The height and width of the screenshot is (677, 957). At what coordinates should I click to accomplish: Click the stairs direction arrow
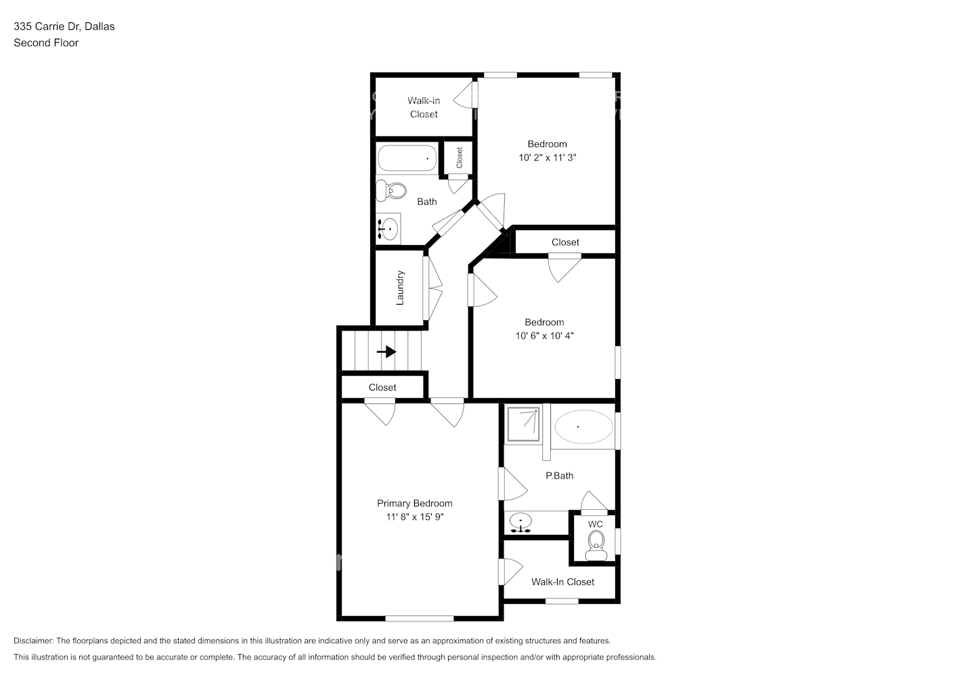tap(387, 351)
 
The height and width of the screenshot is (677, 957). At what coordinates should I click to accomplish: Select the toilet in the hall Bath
tap(391, 190)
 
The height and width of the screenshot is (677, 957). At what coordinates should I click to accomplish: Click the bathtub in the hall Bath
tap(407, 158)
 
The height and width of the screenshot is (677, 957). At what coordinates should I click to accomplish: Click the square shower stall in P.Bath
tap(522, 423)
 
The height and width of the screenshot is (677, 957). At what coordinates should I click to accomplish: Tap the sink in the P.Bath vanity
tap(520, 522)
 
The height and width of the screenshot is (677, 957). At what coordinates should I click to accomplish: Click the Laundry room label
tap(400, 288)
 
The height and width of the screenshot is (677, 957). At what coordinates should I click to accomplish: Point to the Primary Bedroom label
tap(414, 503)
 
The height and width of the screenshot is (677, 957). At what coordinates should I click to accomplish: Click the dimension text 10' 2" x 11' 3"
tap(547, 157)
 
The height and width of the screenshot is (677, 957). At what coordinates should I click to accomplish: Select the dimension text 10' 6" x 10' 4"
tap(544, 335)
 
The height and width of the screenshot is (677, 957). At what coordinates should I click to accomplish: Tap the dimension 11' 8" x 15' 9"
tap(414, 517)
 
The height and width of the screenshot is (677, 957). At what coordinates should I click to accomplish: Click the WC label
tap(595, 524)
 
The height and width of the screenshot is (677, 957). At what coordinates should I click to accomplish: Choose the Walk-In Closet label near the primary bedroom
tap(562, 582)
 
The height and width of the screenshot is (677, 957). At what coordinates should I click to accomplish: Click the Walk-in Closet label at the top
tap(424, 107)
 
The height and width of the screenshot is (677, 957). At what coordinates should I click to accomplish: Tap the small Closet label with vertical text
tap(459, 158)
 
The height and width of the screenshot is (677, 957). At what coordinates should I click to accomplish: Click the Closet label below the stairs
tap(382, 387)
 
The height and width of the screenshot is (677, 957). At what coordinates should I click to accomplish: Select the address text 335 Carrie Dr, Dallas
tap(64, 26)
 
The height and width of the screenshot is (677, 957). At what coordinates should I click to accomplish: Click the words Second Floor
tap(46, 43)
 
